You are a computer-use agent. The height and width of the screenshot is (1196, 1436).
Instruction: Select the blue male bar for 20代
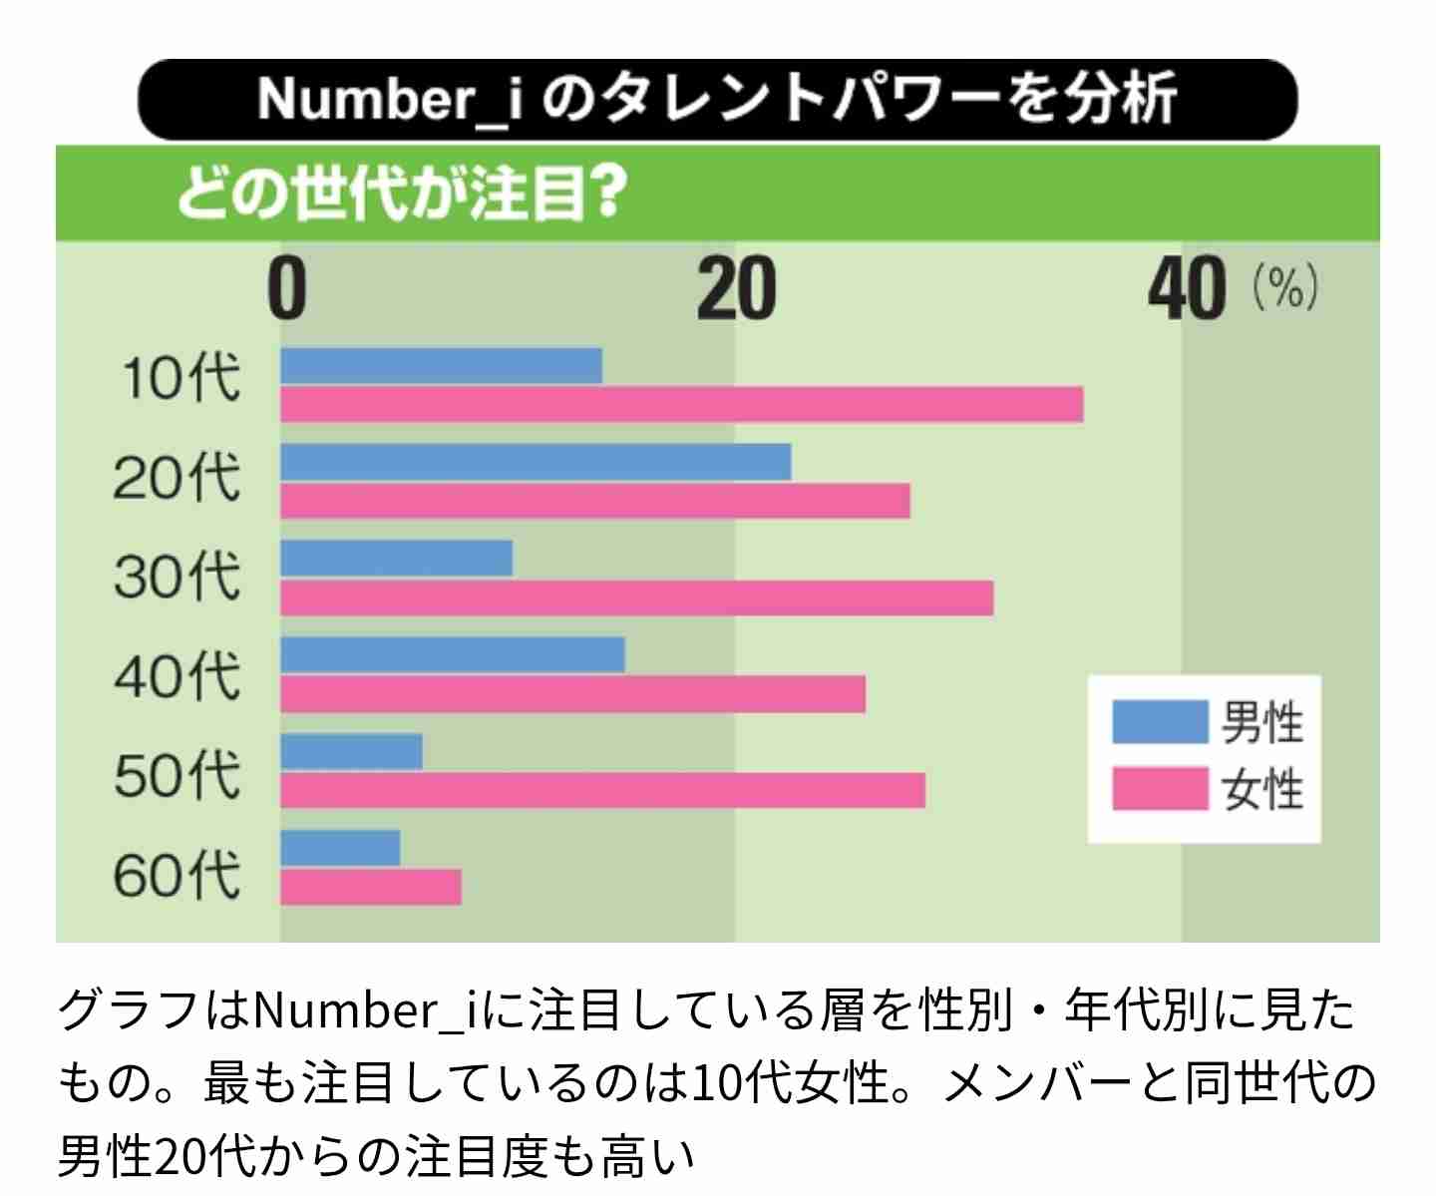(536, 462)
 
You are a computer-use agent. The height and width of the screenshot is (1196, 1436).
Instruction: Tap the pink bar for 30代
(636, 598)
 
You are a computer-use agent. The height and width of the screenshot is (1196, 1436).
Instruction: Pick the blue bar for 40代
(453, 655)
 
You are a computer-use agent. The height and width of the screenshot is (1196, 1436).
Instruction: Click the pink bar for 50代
(602, 790)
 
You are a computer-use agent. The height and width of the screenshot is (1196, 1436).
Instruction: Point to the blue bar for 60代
(340, 848)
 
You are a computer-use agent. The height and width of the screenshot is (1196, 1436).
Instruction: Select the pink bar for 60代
(371, 887)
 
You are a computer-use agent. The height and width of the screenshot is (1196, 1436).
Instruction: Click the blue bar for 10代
(441, 366)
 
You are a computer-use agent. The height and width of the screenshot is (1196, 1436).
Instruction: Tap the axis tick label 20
(736, 290)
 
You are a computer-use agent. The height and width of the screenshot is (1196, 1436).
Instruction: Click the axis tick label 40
(1187, 290)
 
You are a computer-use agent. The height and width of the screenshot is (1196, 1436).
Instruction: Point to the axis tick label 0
(287, 290)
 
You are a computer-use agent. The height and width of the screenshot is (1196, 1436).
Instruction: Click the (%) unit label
(1286, 288)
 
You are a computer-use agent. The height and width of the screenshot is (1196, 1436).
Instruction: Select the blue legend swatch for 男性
(1159, 721)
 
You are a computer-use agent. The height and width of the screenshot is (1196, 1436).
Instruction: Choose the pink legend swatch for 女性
(1159, 789)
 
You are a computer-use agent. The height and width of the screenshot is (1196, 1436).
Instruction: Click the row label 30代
(177, 577)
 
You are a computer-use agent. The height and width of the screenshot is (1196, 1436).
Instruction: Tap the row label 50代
(177, 775)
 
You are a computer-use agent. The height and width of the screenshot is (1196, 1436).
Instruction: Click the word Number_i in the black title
(389, 100)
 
